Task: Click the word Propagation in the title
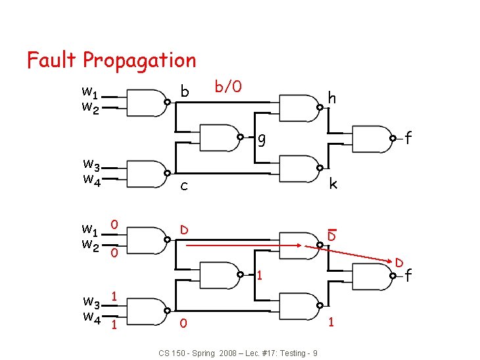(139, 61)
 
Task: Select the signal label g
(262, 140)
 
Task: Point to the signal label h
(332, 99)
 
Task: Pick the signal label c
(185, 186)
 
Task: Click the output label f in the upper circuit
(408, 138)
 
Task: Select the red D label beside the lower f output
(399, 263)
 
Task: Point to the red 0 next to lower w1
(114, 225)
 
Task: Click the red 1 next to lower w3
(114, 297)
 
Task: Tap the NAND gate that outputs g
(218, 138)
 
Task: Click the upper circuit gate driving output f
(372, 138)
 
